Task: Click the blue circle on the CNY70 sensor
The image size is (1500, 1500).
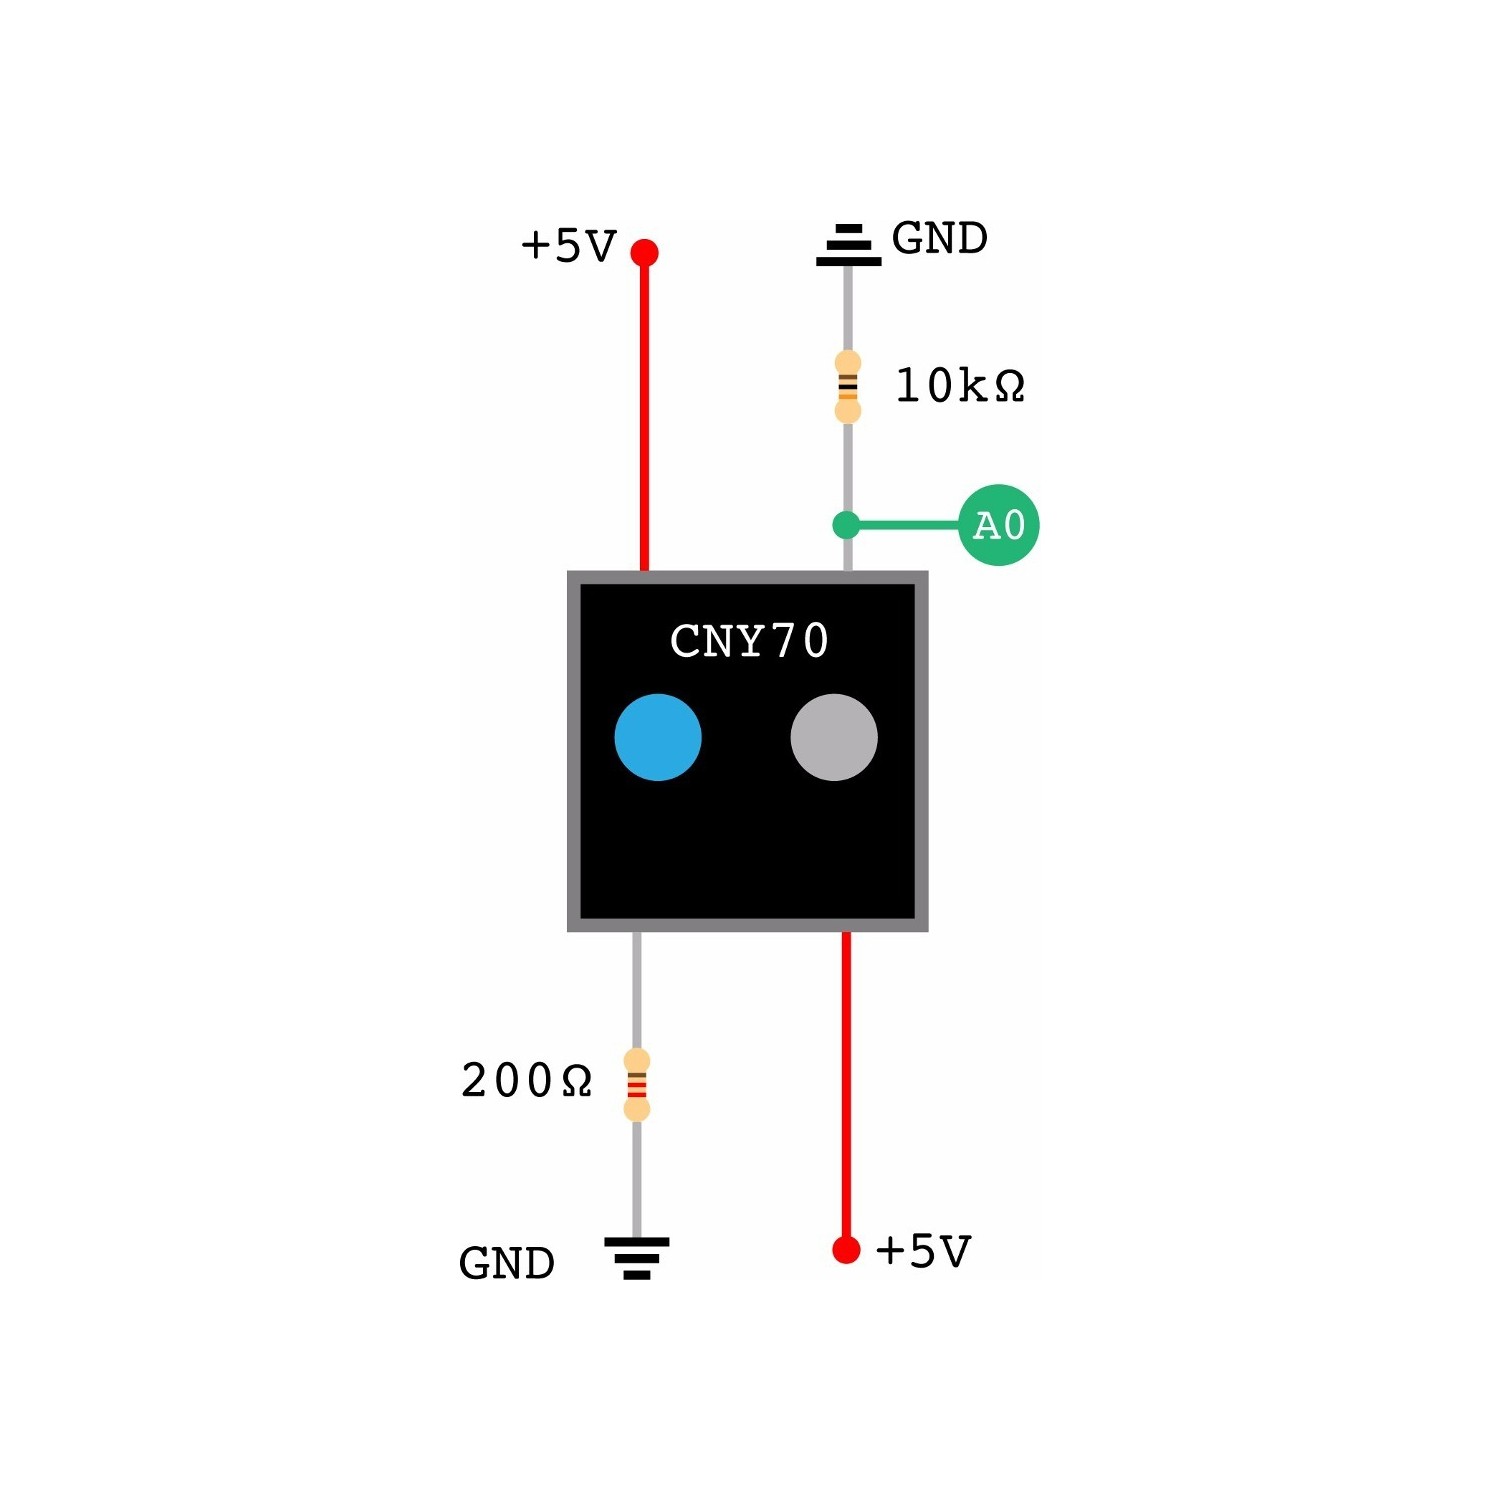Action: (x=658, y=737)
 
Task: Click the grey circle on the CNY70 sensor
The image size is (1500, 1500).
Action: (x=834, y=737)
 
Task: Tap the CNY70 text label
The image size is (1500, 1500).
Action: (x=749, y=641)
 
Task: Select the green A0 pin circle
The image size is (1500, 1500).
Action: (x=998, y=525)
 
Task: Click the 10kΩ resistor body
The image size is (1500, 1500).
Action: (x=848, y=386)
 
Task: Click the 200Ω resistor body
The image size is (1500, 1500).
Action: (x=637, y=1085)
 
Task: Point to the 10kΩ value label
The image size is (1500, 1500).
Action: (x=960, y=386)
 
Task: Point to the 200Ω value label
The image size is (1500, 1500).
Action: (x=526, y=1081)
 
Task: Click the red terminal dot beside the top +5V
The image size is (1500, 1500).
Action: (x=645, y=252)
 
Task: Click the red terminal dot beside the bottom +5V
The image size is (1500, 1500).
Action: (x=846, y=1250)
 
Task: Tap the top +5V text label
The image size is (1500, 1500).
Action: (x=568, y=246)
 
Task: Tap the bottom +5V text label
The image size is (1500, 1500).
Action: (x=923, y=1251)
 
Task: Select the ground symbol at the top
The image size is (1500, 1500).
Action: (x=848, y=245)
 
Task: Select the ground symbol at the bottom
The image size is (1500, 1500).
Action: (x=637, y=1257)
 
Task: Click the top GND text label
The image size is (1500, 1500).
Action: (x=939, y=239)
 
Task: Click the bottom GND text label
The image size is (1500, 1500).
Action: (x=507, y=1264)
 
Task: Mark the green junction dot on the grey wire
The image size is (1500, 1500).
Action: (x=846, y=525)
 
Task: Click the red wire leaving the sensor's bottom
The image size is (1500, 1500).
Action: (x=846, y=1080)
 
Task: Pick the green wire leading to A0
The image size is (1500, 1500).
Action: (x=905, y=525)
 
